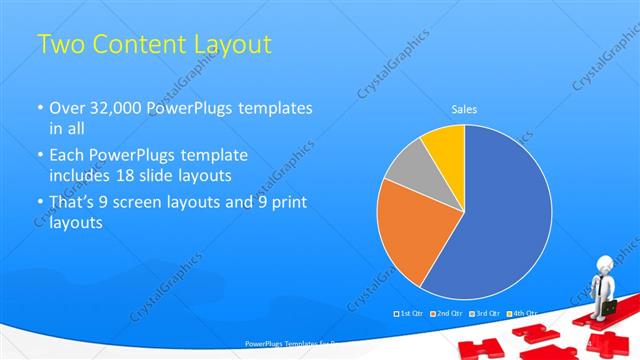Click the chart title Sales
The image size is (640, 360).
coord(464,108)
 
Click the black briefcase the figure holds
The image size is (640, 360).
coord(608,308)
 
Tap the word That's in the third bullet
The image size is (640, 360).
coord(73,202)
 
